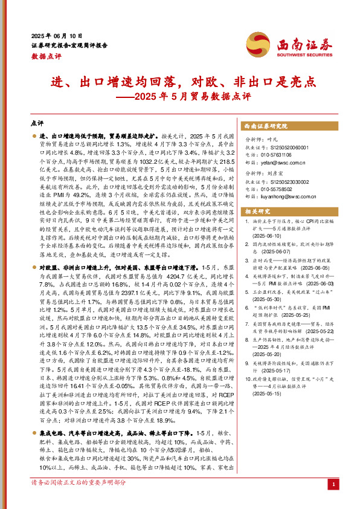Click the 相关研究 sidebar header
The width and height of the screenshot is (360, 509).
click(257, 211)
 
